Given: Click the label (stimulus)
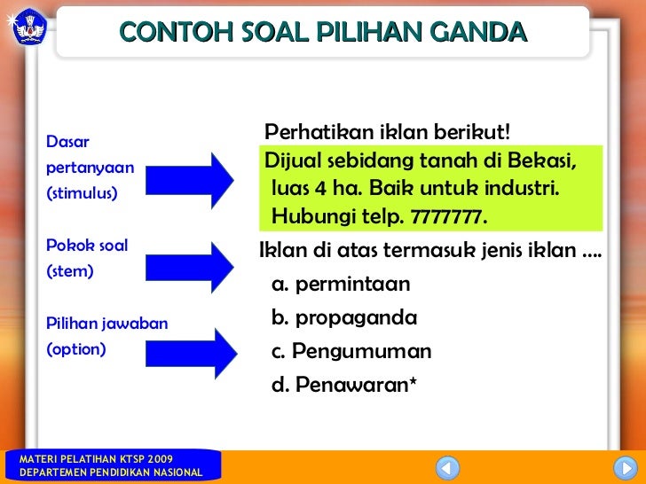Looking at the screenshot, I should (x=82, y=192).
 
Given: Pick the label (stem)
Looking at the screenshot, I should (x=69, y=270).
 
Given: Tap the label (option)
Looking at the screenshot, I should (x=75, y=349).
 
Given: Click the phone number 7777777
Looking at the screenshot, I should (x=449, y=218).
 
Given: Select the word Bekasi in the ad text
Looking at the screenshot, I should (x=544, y=162).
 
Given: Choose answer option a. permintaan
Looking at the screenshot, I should (x=341, y=285).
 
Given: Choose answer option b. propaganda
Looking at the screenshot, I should (x=344, y=317).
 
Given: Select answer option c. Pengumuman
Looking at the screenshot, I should (x=351, y=351).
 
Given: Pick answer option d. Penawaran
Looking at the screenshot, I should (x=344, y=385).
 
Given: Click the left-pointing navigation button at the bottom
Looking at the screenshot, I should (x=448, y=466).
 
